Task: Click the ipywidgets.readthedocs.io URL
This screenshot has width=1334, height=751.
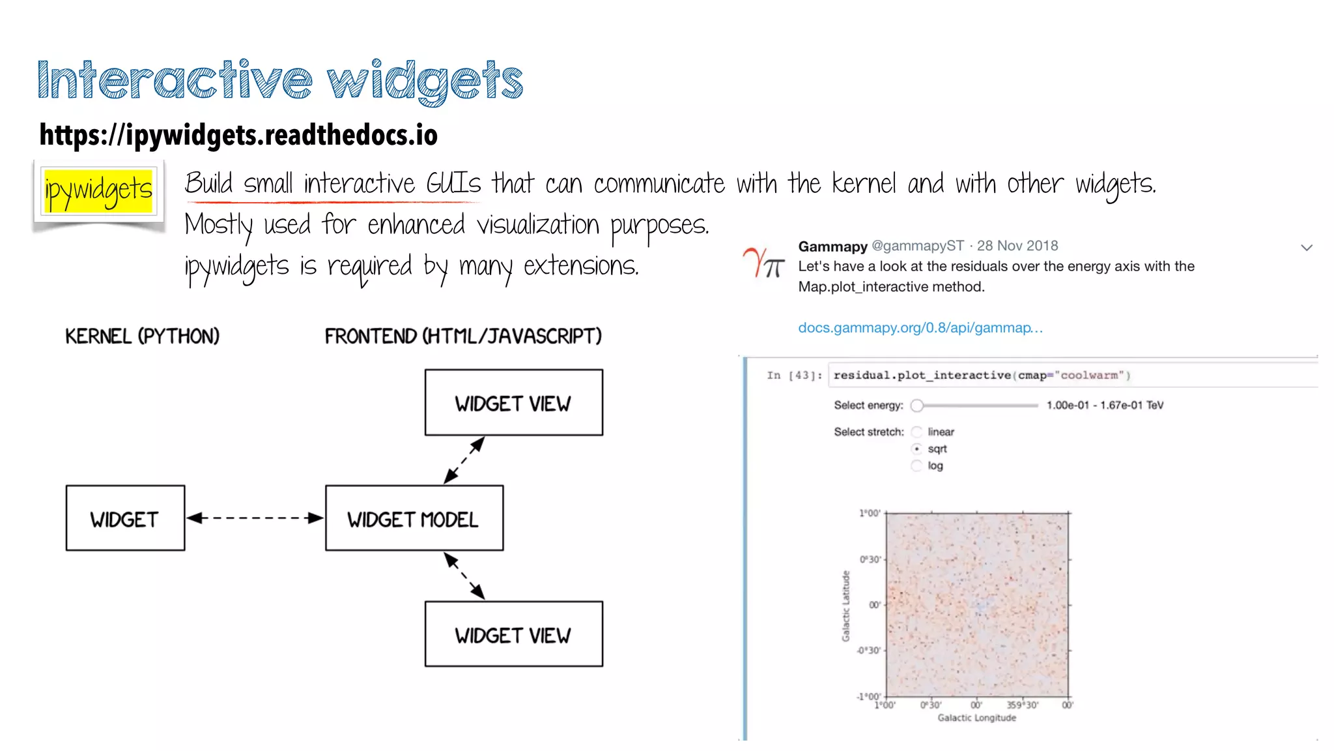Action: click(238, 135)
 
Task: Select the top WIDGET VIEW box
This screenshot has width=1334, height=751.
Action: click(513, 403)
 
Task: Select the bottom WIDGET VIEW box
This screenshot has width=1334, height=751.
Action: click(513, 634)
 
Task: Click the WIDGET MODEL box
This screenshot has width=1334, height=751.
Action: click(414, 519)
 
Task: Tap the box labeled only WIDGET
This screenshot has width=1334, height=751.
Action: click(125, 519)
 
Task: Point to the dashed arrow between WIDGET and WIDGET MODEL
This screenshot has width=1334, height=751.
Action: click(255, 518)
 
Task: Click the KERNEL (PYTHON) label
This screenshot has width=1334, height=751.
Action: click(142, 336)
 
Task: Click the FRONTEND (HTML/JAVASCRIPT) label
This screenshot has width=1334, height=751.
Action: click(463, 336)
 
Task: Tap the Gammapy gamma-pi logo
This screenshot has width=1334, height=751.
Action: click(763, 263)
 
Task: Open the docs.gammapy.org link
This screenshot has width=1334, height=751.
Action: click(920, 328)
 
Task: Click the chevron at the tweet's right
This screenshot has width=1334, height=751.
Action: click(1306, 248)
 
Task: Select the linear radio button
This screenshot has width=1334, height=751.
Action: click(917, 432)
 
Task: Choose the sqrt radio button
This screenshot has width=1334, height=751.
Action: click(917, 449)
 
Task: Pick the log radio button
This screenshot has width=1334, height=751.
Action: click(917, 465)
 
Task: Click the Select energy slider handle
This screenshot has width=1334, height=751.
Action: click(917, 405)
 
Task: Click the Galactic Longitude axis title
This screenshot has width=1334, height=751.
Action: click(976, 718)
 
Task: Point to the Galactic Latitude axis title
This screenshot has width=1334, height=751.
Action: click(846, 606)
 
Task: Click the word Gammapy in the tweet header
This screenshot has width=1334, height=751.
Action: click(832, 246)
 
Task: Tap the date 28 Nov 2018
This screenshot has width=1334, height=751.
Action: click(1017, 246)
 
